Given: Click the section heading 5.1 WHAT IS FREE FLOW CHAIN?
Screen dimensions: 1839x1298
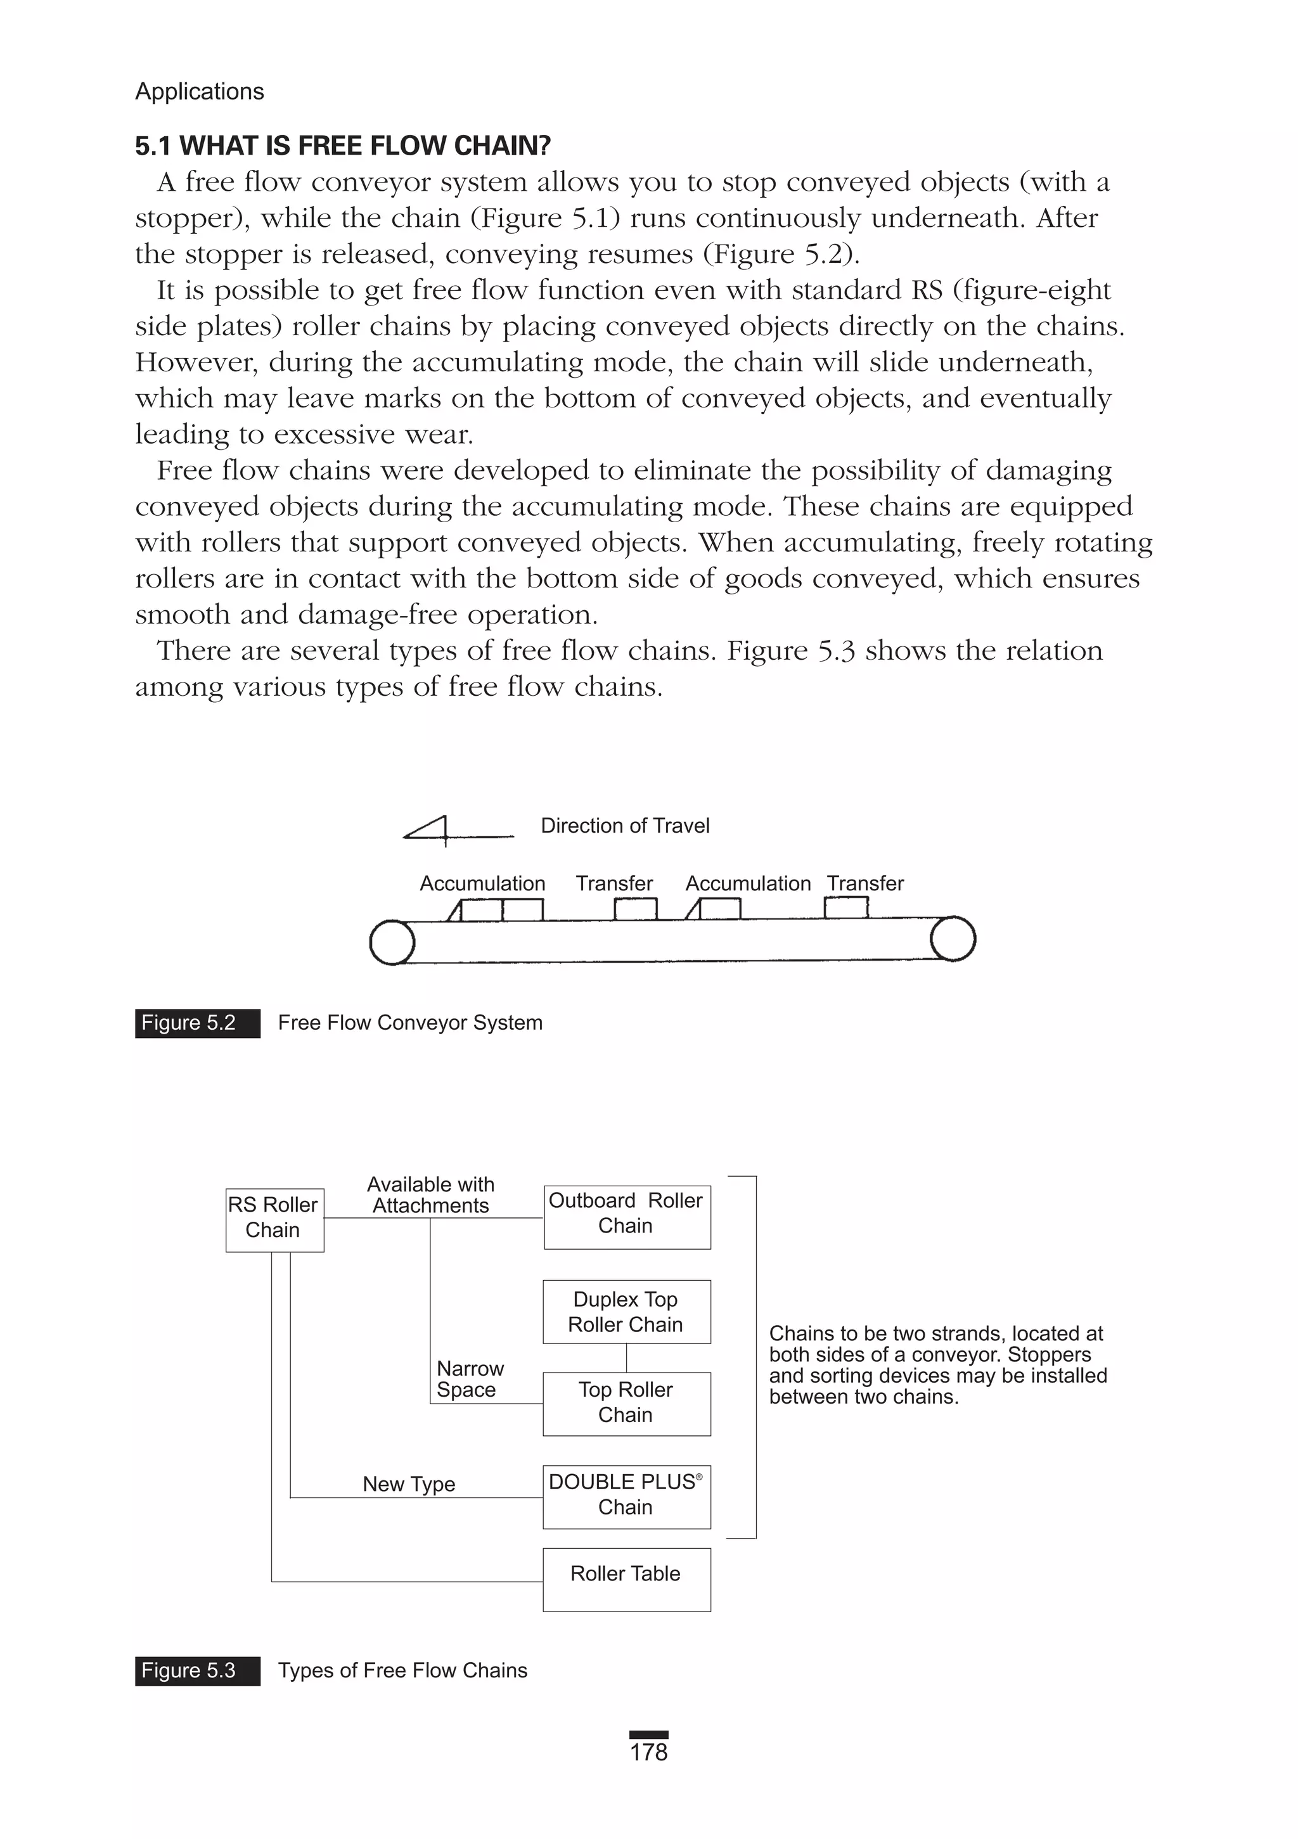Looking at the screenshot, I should (343, 146).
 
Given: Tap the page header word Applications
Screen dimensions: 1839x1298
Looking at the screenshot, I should (200, 91).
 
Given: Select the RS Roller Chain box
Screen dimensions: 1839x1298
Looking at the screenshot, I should (274, 1220).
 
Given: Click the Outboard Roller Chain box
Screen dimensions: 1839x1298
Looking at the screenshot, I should (627, 1216).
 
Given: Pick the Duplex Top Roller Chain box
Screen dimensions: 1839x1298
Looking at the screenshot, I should (627, 1311).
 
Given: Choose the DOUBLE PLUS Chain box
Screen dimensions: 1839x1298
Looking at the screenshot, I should (627, 1496).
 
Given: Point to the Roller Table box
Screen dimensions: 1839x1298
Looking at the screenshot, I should (627, 1579).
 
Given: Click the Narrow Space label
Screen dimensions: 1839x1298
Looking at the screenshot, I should (470, 1378).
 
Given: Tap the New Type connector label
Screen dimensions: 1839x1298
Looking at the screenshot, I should (409, 1483).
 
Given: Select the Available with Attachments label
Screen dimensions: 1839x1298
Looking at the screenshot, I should (430, 1195).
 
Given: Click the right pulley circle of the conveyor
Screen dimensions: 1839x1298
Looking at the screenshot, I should (953, 939).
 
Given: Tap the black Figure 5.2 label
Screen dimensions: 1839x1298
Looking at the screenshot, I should (197, 1023).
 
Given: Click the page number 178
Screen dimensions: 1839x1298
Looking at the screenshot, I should (648, 1752).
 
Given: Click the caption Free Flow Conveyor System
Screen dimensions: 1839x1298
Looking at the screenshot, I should (409, 1023).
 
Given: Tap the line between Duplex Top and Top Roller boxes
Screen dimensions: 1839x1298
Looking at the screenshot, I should (627, 1357).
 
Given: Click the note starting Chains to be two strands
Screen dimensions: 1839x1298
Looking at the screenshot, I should (937, 1365).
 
